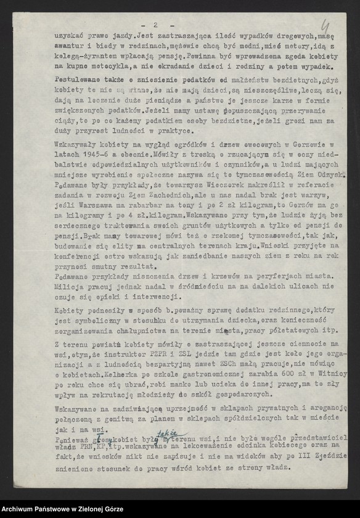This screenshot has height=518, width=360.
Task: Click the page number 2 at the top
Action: click(157, 25)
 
